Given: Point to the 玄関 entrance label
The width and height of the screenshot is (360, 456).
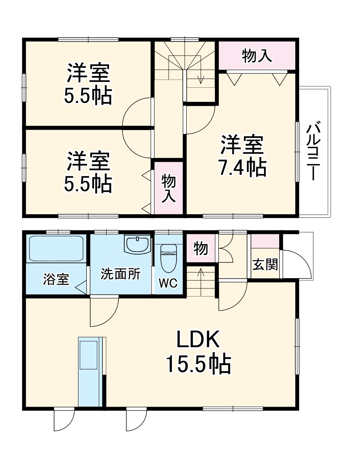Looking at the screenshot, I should coord(265,265).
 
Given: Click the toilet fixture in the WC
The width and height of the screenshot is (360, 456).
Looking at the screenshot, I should coord(169,257).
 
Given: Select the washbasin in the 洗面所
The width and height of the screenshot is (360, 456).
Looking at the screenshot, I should coord(137,245).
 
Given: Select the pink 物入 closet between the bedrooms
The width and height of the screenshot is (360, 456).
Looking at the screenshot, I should coord(169,188).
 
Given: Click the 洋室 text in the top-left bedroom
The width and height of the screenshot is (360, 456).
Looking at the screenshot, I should coord(88,73).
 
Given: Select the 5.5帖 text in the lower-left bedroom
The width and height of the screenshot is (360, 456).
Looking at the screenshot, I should coord(88,184).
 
